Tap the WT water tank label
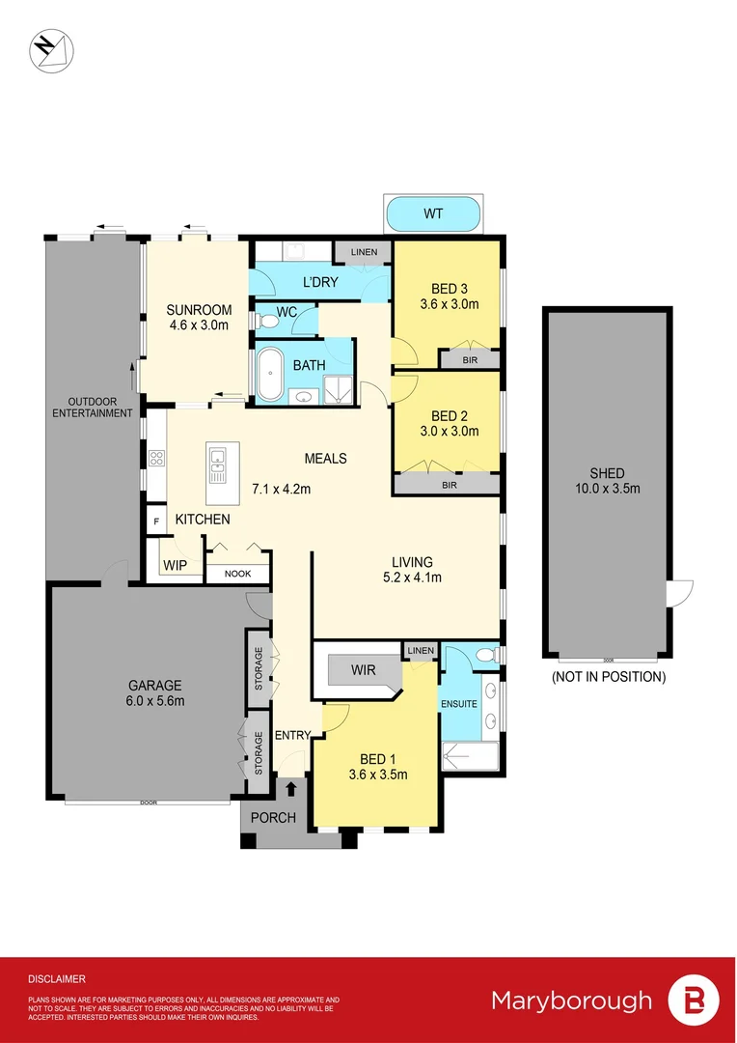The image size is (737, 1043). pos(433,213)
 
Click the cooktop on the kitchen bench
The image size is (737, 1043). pos(155,458)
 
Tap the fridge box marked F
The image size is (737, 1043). pos(155,521)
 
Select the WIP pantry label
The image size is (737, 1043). pos(175,564)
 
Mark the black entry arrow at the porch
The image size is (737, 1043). pos(291,790)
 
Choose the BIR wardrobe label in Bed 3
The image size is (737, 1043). pos(470,359)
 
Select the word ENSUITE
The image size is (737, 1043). pos(459,704)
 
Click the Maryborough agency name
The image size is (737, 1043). pos(571,1001)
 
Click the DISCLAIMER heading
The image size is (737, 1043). pos(57,978)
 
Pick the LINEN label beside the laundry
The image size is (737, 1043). pos(364,252)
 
